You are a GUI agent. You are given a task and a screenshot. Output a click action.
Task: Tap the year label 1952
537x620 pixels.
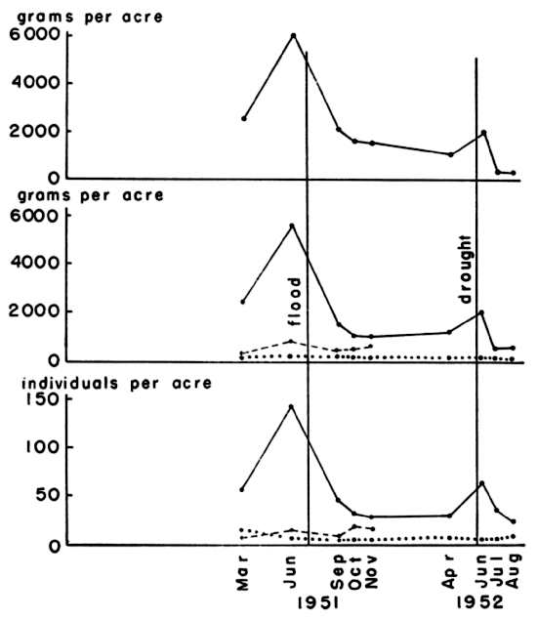(483, 603)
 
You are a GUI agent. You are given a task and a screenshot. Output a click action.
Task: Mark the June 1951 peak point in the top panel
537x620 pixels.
(292, 35)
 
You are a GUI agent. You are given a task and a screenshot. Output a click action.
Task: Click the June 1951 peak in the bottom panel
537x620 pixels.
(291, 405)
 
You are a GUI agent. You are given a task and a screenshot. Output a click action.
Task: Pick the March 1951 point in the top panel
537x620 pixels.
(243, 118)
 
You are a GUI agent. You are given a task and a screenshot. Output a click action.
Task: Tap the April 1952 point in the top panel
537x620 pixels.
(450, 154)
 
